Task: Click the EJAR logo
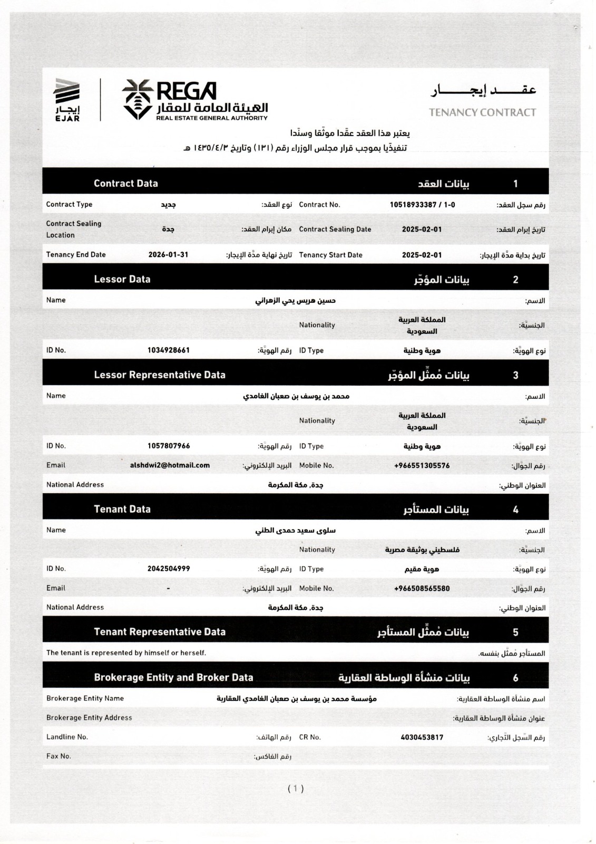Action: [67, 100]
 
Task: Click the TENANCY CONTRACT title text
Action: [482, 112]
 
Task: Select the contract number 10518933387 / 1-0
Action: [422, 205]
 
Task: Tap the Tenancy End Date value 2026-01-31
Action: [168, 255]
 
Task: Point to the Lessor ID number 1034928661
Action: [169, 350]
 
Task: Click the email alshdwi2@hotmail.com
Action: [170, 465]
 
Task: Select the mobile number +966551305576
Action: [422, 466]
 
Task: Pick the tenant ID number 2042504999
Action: [169, 569]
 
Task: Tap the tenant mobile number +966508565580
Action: [422, 589]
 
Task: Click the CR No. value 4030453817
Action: [422, 737]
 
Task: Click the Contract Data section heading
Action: [126, 184]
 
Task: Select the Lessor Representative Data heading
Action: [160, 375]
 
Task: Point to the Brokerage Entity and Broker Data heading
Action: [173, 677]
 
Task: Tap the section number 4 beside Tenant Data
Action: [515, 510]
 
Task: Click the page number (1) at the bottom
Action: [296, 789]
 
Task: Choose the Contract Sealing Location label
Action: [73, 229]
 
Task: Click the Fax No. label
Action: [58, 756]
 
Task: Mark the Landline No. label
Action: [67, 737]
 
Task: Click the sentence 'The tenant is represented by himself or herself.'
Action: [126, 653]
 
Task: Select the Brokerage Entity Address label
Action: [89, 717]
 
